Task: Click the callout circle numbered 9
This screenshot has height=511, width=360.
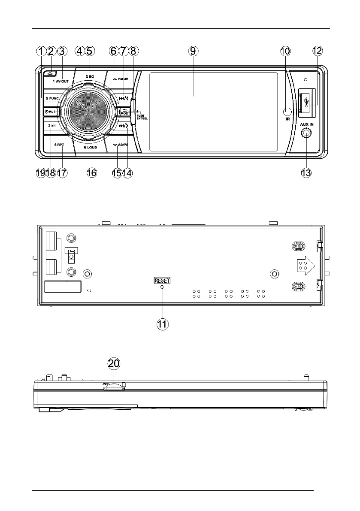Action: click(x=193, y=51)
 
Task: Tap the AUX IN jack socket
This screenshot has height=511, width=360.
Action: click(x=306, y=133)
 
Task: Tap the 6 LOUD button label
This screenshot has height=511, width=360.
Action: click(x=91, y=147)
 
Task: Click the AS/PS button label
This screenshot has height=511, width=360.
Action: click(x=120, y=145)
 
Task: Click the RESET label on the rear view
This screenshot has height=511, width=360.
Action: click(x=162, y=280)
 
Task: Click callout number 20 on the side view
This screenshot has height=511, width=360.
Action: click(x=114, y=363)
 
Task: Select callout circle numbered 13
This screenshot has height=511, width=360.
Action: click(x=306, y=172)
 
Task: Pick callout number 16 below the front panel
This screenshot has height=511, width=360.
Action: click(x=91, y=172)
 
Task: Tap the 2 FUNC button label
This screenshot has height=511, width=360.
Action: click(x=52, y=98)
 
